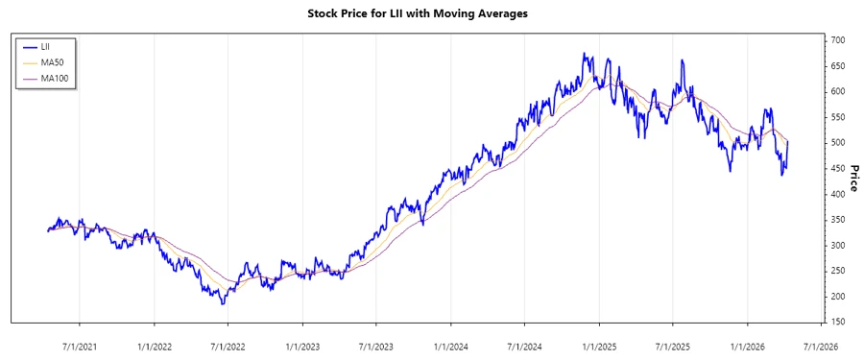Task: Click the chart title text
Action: tap(431, 13)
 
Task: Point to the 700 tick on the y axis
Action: tap(838, 40)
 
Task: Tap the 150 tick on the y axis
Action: tap(838, 323)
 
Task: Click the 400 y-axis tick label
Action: tap(838, 194)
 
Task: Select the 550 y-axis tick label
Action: tap(838, 117)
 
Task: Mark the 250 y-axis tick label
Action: tap(838, 272)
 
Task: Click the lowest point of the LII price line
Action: tap(223, 304)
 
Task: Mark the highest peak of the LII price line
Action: tap(584, 54)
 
